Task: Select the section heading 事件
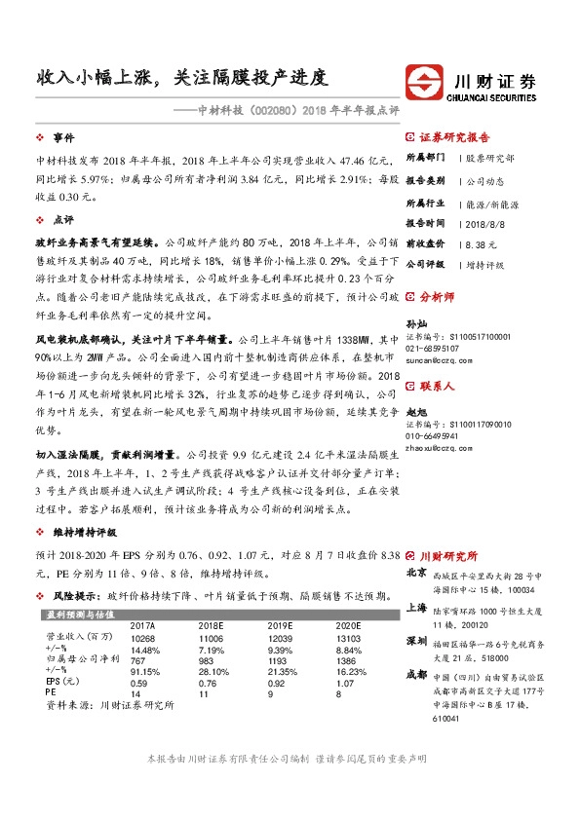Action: pyautogui.click(x=63, y=138)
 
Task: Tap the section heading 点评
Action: pyautogui.click(x=63, y=220)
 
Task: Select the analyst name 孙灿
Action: pyautogui.click(x=415, y=322)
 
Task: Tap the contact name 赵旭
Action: pyautogui.click(x=415, y=413)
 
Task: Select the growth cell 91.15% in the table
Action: pyautogui.click(x=143, y=671)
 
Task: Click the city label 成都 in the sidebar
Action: pyautogui.click(x=415, y=674)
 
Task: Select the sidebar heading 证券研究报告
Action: pyautogui.click(x=454, y=138)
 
